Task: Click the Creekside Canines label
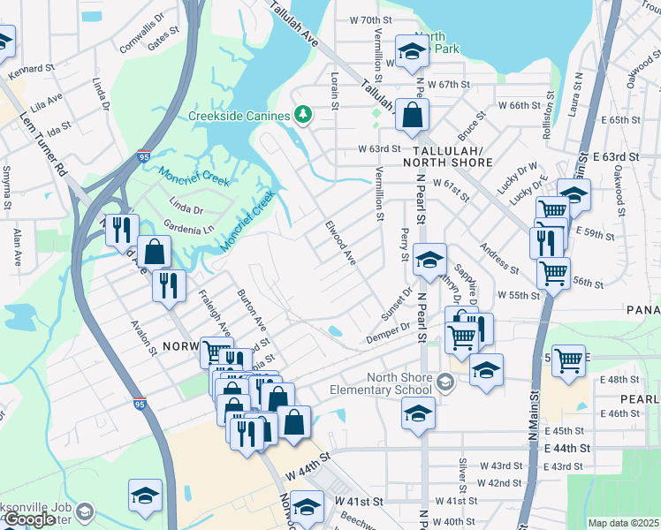pyautogui.click(x=239, y=116)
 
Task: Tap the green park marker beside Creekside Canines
pyautogui.click(x=303, y=115)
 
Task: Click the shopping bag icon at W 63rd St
pyautogui.click(x=412, y=114)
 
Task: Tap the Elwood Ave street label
pyautogui.click(x=340, y=244)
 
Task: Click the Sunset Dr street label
pyautogui.click(x=397, y=306)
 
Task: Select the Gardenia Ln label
pyautogui.click(x=196, y=229)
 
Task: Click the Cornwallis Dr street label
pyautogui.click(x=141, y=29)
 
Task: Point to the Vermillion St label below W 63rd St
pyautogui.click(x=380, y=193)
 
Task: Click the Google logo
pyautogui.click(x=28, y=519)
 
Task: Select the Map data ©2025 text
pyautogui.click(x=623, y=523)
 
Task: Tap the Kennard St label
pyautogui.click(x=32, y=67)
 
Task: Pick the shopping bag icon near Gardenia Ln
pyautogui.click(x=155, y=252)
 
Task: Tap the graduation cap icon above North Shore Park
pyautogui.click(x=411, y=53)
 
